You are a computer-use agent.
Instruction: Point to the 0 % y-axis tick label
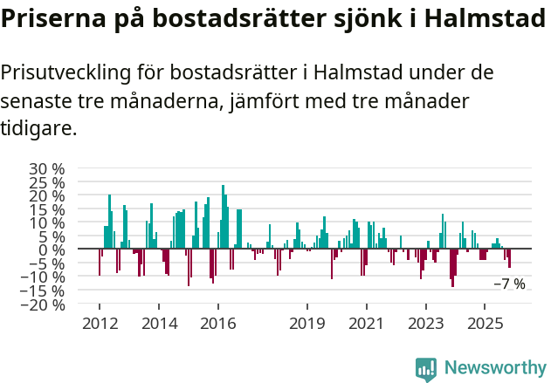click(x=52, y=250)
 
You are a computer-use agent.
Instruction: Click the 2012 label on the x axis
click(x=99, y=324)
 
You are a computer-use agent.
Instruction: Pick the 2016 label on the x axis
click(x=218, y=324)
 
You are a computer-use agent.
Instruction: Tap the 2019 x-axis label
click(x=307, y=324)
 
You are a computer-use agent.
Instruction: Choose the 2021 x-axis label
click(x=367, y=324)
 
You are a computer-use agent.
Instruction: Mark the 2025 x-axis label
click(x=486, y=324)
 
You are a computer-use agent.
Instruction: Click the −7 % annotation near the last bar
click(x=509, y=284)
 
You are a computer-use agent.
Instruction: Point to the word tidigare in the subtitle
click(x=38, y=128)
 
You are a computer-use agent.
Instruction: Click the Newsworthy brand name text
click(x=494, y=368)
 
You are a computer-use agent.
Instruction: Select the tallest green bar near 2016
click(x=223, y=217)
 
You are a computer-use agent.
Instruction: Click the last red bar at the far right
click(x=509, y=259)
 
